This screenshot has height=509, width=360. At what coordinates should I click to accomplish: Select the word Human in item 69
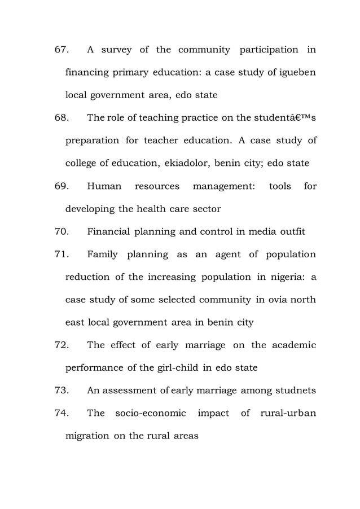coord(104,186)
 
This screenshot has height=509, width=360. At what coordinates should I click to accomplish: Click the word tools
coord(280,186)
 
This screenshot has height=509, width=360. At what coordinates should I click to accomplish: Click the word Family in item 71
coord(103,254)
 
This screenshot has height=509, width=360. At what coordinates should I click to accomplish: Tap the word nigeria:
coord(288,277)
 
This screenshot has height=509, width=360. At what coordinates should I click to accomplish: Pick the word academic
coord(293,345)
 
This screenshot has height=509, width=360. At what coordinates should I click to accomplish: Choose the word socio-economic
coord(151,413)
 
